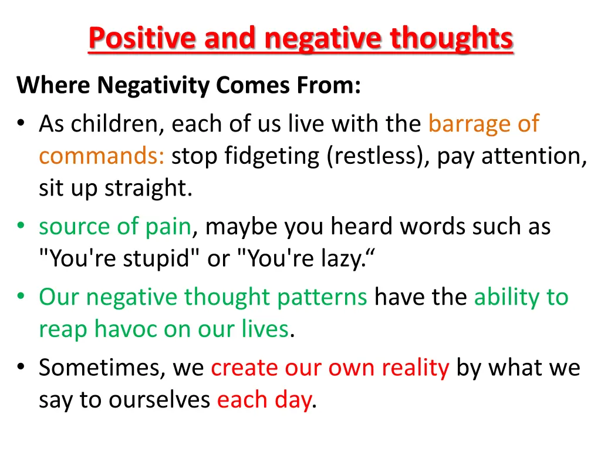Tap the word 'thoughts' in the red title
click(452, 39)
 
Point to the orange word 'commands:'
click(102, 157)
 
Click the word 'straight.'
click(148, 189)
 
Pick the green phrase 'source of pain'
click(115, 227)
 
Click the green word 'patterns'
click(322, 297)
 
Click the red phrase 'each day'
click(264, 400)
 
